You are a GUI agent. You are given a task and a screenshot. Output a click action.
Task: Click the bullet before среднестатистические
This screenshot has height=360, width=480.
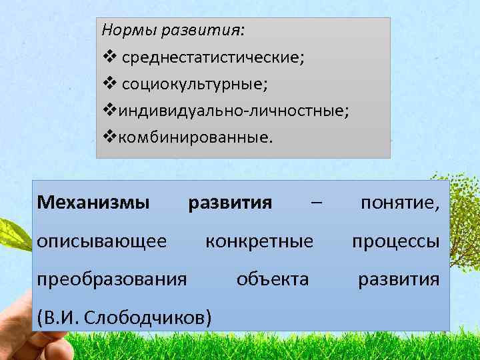pyautogui.click(x=109, y=57)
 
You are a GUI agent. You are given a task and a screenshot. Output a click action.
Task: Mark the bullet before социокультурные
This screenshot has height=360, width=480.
pyautogui.click(x=109, y=85)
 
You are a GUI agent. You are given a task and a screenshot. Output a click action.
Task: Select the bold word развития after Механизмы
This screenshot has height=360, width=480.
pyautogui.click(x=230, y=202)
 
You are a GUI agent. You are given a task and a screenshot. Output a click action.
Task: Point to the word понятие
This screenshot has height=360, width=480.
pyautogui.click(x=399, y=202)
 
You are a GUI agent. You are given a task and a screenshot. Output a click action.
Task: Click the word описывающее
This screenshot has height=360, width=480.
pyautogui.click(x=102, y=240)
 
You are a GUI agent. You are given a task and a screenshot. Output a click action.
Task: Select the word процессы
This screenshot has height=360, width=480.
pyautogui.click(x=395, y=240)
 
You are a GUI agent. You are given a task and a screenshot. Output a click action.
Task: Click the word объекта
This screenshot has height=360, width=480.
pyautogui.click(x=273, y=279)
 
